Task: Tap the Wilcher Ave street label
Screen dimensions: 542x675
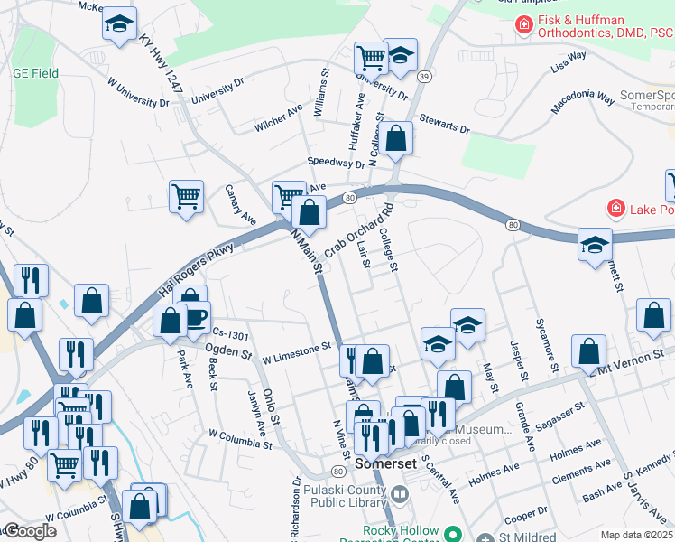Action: [277, 118]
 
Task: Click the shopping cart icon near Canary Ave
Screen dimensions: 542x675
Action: [186, 194]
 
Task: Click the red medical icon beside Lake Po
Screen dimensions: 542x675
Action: [616, 209]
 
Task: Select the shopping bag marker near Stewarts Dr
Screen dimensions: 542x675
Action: [395, 138]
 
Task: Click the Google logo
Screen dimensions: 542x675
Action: [30, 531]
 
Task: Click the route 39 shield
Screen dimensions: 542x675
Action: [422, 78]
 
